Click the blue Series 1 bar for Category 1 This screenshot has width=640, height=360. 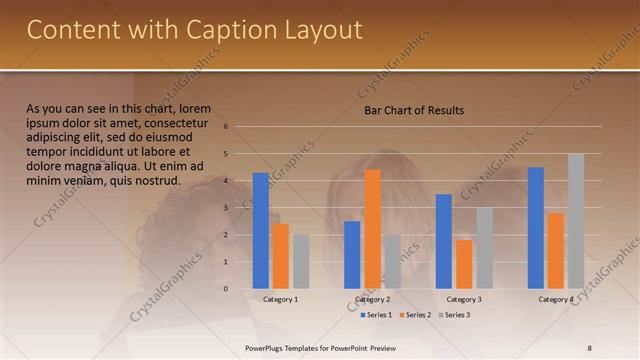261,231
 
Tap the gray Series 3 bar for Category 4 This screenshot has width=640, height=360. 576,221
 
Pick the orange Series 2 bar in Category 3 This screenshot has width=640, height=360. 464,264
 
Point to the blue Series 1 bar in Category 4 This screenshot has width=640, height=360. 536,228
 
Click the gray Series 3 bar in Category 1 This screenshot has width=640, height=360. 301,261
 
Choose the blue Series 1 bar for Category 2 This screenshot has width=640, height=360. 352,255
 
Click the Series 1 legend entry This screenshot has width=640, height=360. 376,315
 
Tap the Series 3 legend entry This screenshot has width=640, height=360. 456,315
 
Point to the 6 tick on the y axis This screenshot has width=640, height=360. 227,127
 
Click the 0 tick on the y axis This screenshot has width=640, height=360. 227,289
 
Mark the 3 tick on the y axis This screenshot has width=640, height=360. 227,208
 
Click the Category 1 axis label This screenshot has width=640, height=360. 280,299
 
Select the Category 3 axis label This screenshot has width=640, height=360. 464,299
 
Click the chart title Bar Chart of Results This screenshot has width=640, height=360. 413,110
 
